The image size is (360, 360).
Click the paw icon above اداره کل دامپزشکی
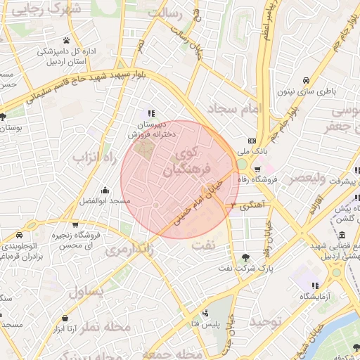pos(66,40)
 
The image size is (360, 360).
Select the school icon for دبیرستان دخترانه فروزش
pos(150,113)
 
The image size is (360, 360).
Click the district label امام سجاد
pos(234,108)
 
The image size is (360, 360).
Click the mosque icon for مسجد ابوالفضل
pos(105,190)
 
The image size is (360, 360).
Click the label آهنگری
pos(251,206)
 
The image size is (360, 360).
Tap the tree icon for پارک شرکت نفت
pos(245,257)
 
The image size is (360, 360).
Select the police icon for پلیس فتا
pos(205,312)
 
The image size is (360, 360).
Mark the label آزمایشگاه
pos(321,297)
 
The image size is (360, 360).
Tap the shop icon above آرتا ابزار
pos(65,318)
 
